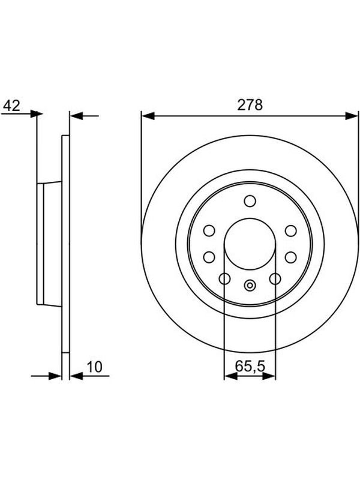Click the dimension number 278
(250, 105)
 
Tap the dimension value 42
(11, 106)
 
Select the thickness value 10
(95, 367)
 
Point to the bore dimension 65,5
(250, 366)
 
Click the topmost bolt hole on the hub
(250, 201)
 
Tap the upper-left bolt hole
(209, 230)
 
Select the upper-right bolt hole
(290, 230)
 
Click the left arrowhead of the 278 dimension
(148, 116)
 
